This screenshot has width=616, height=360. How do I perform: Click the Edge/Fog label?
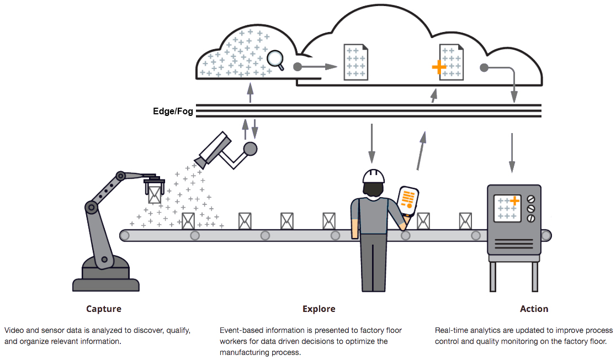pyautogui.click(x=173, y=112)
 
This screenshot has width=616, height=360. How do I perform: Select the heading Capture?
pyautogui.click(x=104, y=309)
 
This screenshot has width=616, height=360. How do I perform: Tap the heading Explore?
pyautogui.click(x=318, y=309)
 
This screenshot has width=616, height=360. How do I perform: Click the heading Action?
pyautogui.click(x=534, y=309)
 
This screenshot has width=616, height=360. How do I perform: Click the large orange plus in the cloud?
pyautogui.click(x=439, y=67)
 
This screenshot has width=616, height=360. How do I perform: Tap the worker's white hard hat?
pyautogui.click(x=374, y=176)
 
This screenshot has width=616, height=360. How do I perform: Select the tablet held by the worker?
pyautogui.click(x=408, y=201)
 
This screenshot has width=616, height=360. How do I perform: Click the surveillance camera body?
pyautogui.click(x=214, y=148)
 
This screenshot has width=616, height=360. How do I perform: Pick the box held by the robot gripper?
pyautogui.click(x=154, y=194)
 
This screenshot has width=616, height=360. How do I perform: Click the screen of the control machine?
pyautogui.click(x=507, y=208)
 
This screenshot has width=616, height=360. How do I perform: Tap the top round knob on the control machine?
pyautogui.click(x=531, y=199)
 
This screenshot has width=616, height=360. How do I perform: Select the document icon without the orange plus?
pyautogui.click(x=355, y=62)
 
